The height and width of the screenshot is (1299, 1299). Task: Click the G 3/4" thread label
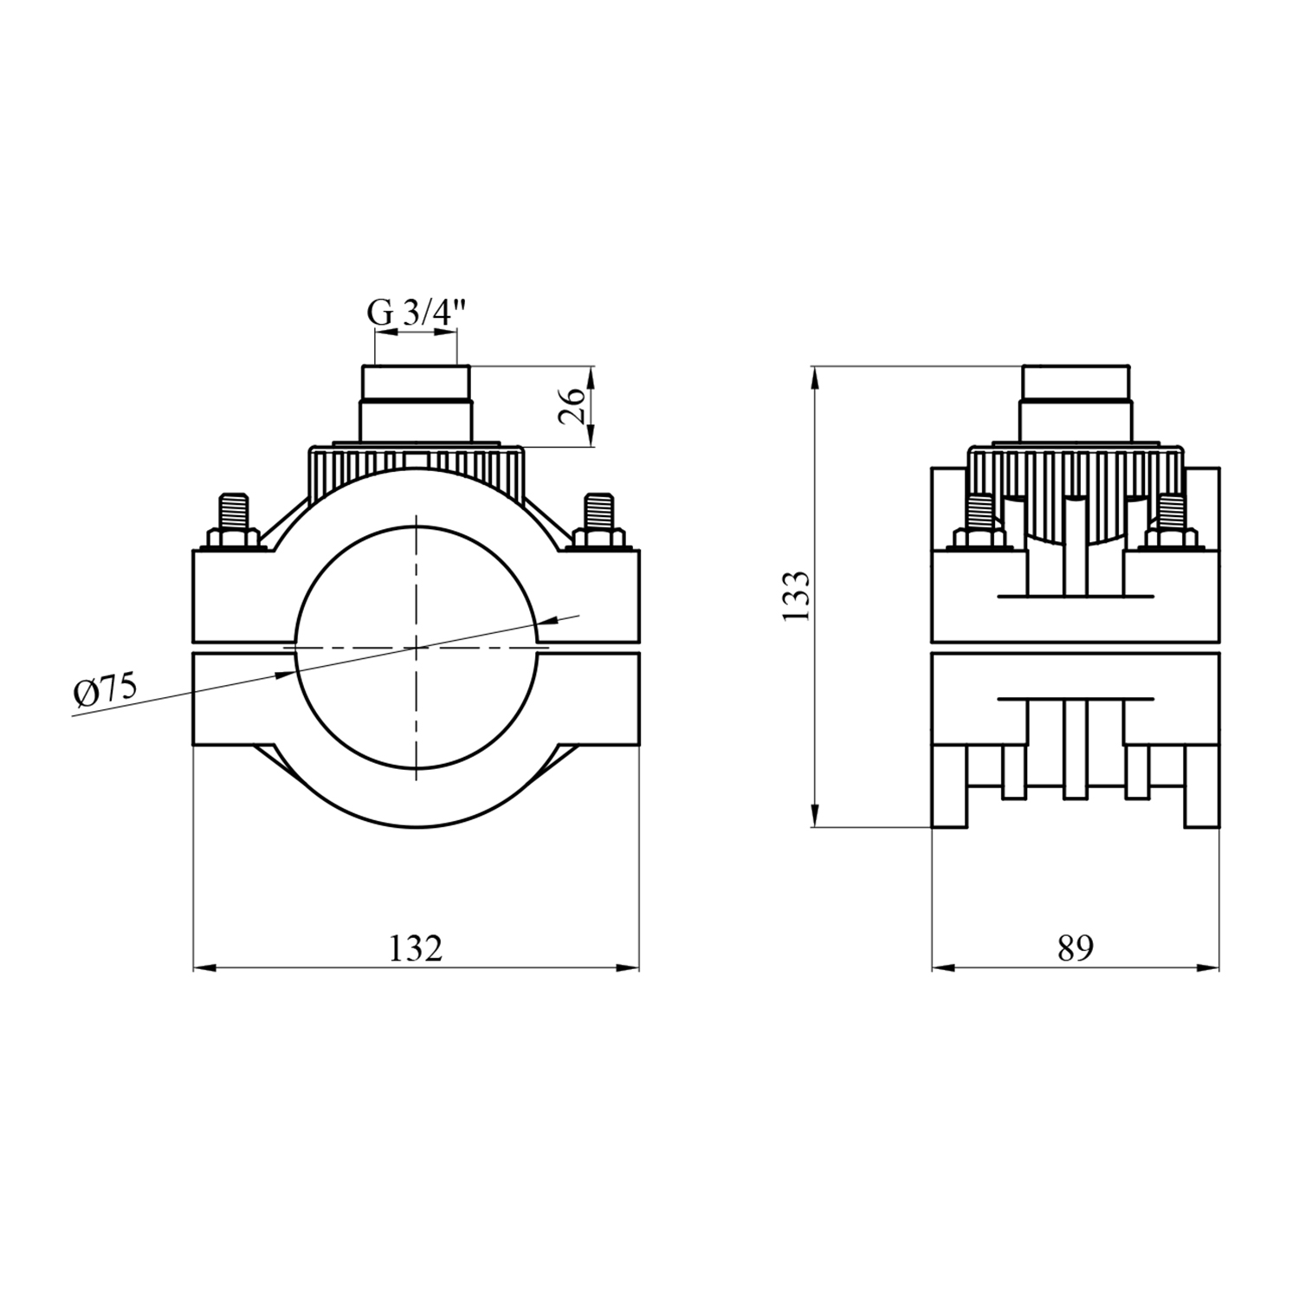[x=417, y=313]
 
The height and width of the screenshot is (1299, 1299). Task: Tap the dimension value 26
[x=572, y=406]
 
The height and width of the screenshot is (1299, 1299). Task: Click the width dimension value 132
[x=416, y=948]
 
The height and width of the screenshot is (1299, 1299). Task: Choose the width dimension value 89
[x=1075, y=948]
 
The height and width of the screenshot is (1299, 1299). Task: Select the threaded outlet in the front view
[x=417, y=404]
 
